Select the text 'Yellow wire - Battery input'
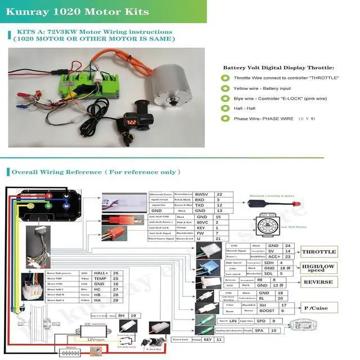[263, 88]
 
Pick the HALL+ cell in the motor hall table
[101, 273]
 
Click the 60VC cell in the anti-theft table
[202, 223]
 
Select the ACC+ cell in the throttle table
[274, 256]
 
